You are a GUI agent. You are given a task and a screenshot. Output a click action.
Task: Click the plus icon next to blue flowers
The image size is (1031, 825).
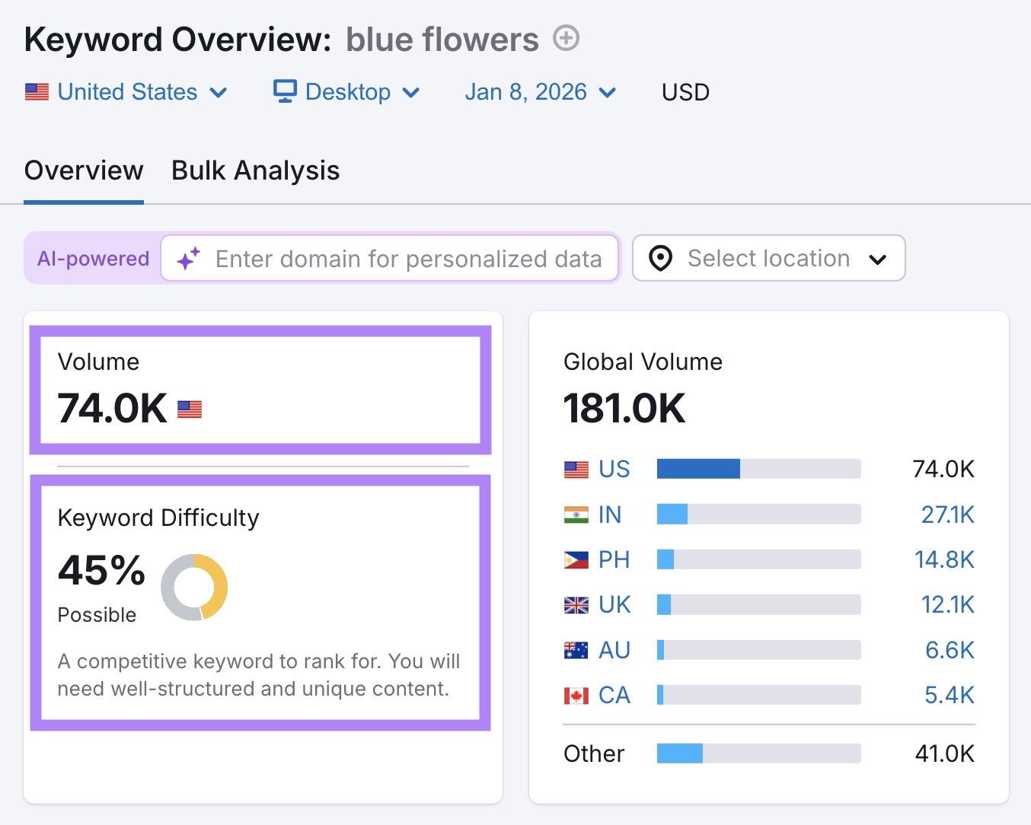(x=566, y=38)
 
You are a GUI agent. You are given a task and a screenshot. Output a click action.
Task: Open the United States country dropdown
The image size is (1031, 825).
(x=126, y=92)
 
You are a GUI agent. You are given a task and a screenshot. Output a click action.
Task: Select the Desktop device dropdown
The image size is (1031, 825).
(x=346, y=92)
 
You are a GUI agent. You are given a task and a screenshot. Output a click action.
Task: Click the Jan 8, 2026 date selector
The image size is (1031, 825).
(x=540, y=92)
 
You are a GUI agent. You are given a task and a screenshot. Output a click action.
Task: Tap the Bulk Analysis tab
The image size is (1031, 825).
(x=255, y=170)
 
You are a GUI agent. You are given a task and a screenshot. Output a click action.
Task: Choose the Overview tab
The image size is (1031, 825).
(x=84, y=170)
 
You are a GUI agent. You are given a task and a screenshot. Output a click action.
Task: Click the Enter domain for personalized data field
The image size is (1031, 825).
(x=407, y=259)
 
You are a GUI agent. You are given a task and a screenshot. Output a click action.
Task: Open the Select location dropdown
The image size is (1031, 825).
(x=768, y=259)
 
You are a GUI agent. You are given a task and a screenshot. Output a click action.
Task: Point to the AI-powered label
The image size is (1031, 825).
(x=93, y=259)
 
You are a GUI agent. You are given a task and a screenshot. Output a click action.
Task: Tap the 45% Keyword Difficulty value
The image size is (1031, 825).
(x=101, y=570)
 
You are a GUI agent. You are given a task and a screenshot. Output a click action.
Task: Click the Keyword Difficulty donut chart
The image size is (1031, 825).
(x=194, y=587)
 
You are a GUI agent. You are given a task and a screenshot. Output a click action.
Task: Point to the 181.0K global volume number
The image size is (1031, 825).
(x=624, y=408)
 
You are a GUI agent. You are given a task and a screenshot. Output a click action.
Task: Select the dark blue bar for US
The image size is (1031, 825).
(x=698, y=469)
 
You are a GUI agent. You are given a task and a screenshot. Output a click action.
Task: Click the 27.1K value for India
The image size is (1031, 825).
(x=947, y=514)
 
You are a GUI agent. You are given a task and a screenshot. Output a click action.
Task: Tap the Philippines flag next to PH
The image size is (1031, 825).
(x=576, y=560)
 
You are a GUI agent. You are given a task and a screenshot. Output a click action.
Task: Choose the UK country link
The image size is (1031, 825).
(x=614, y=605)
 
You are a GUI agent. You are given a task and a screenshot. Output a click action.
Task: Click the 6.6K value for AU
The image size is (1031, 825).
(x=949, y=650)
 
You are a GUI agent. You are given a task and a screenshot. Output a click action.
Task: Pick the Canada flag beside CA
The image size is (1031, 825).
(x=576, y=696)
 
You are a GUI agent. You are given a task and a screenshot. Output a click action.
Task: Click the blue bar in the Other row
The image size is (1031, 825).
(x=680, y=753)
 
